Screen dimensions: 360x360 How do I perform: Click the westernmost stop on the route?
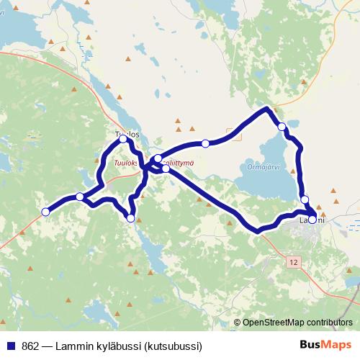tap(45, 212)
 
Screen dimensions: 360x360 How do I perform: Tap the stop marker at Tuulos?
tap(124, 139)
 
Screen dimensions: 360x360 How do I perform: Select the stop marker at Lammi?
tap(312, 220)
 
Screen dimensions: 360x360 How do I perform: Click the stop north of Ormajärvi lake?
tap(282, 127)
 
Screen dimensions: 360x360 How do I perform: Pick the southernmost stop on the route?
tap(130, 217)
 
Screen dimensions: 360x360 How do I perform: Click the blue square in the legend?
tap(11, 345)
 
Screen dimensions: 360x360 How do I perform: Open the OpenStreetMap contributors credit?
tap(297, 323)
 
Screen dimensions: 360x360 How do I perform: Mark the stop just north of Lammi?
tap(305, 199)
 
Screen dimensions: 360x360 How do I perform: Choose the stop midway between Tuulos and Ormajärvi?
tap(205, 144)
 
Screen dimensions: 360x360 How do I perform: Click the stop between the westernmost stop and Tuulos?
tap(80, 197)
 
